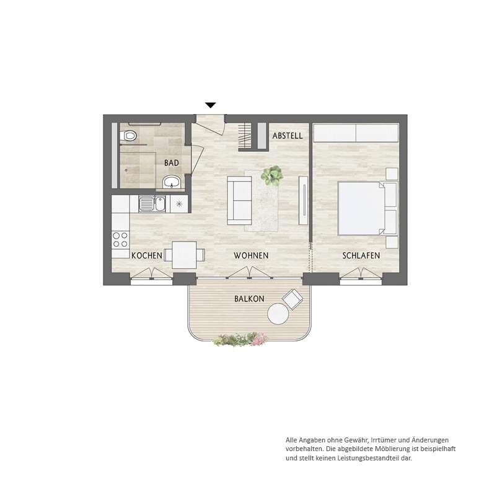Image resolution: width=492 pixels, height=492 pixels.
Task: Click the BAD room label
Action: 171,163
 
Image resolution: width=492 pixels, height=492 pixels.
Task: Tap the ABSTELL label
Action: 288,136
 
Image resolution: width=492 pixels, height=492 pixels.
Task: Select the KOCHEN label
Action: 146,256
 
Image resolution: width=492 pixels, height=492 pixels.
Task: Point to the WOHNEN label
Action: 251,256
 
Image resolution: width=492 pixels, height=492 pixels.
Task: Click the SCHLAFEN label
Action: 361,256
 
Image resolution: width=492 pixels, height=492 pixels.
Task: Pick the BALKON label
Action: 249,299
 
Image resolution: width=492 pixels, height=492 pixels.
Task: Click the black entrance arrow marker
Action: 211,105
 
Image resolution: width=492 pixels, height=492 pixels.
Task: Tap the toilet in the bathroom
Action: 128,136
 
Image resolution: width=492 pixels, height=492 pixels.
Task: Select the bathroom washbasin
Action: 171,182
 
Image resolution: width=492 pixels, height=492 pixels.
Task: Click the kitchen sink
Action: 152,204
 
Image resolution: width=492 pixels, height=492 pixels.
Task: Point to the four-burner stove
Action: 120,239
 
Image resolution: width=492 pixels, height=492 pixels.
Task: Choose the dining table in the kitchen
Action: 185,255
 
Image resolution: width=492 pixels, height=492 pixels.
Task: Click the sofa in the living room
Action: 239,200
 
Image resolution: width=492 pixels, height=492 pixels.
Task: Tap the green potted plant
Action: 272,176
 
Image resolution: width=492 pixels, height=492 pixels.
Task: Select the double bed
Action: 367,208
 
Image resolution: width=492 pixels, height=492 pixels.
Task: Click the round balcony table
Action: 278,314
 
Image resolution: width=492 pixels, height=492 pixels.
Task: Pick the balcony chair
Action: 292,300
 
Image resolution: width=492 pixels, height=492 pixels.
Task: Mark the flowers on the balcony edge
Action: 240,340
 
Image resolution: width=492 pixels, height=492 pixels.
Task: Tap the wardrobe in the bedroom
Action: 356,133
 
